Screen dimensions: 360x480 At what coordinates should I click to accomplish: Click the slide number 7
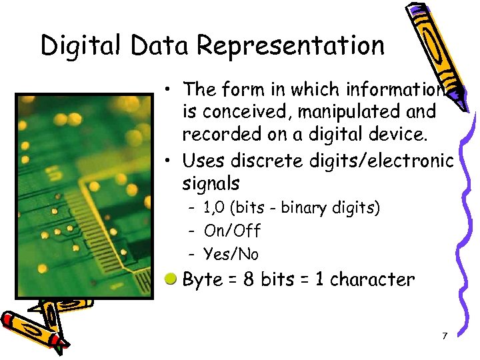pos(445,335)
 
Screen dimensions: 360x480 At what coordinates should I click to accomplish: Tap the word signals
pos(211,183)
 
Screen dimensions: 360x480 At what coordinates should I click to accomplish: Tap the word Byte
pos(203,280)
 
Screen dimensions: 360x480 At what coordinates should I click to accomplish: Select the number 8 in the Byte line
pos(249,279)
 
